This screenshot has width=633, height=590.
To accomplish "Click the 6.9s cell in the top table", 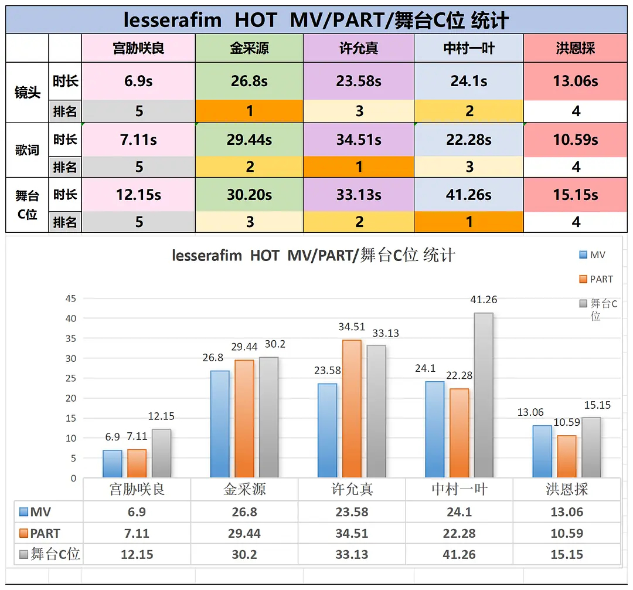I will click(x=138, y=81).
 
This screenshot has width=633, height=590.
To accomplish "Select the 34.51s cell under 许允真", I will click(x=359, y=140).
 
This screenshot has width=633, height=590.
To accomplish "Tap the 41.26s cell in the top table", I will click(x=468, y=194).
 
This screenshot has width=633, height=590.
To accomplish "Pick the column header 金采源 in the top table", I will click(x=249, y=48).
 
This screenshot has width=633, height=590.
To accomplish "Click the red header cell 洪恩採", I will click(x=575, y=48).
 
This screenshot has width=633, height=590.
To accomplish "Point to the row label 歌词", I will click(x=27, y=150).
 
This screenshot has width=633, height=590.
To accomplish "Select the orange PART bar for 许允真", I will click(x=352, y=408).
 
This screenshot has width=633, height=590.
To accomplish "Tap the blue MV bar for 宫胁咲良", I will click(x=113, y=463).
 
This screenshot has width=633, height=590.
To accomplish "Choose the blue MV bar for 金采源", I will click(x=220, y=423).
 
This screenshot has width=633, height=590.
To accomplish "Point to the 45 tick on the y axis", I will click(x=70, y=299).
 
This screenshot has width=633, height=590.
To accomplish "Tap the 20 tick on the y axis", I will click(x=70, y=398).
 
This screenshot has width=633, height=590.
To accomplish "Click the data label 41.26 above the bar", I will click(x=484, y=300).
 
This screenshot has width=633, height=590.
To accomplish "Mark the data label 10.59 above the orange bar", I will click(x=566, y=422).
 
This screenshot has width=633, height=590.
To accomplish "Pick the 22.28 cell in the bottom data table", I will click(x=459, y=533).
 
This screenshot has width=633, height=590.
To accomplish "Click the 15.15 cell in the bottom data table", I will click(x=566, y=554).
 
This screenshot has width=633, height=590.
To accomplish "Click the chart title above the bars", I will click(x=314, y=256).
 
